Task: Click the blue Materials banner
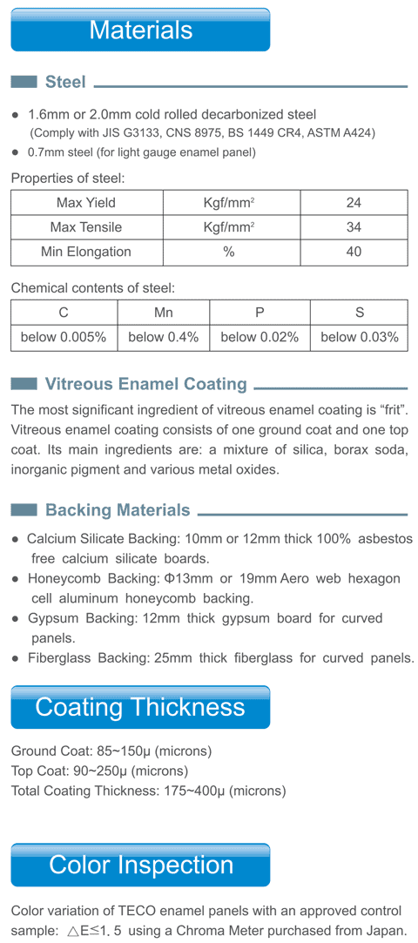(140, 30)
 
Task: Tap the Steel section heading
(65, 82)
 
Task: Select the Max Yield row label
(85, 203)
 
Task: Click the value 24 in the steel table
(353, 203)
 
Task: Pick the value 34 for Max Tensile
(353, 227)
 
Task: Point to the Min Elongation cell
(85, 252)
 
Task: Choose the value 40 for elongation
(353, 252)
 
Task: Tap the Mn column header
(164, 313)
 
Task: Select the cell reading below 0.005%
(64, 337)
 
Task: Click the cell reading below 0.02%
(260, 337)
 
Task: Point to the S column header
(359, 313)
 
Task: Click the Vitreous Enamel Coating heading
(145, 384)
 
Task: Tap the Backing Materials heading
(117, 509)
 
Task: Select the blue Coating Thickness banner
(140, 707)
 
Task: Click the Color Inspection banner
(140, 865)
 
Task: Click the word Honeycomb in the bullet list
(61, 579)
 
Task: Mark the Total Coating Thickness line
(148, 791)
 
